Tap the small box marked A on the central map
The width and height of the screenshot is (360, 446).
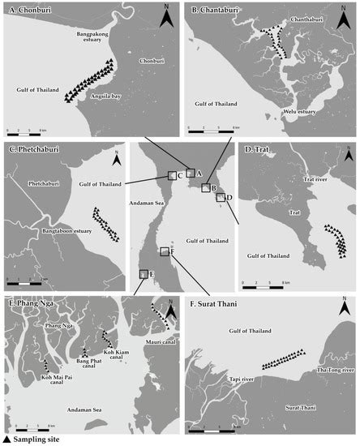click(x=191, y=172)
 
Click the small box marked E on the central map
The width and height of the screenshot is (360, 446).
click(x=144, y=274)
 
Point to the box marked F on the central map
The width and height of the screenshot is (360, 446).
click(x=165, y=251)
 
